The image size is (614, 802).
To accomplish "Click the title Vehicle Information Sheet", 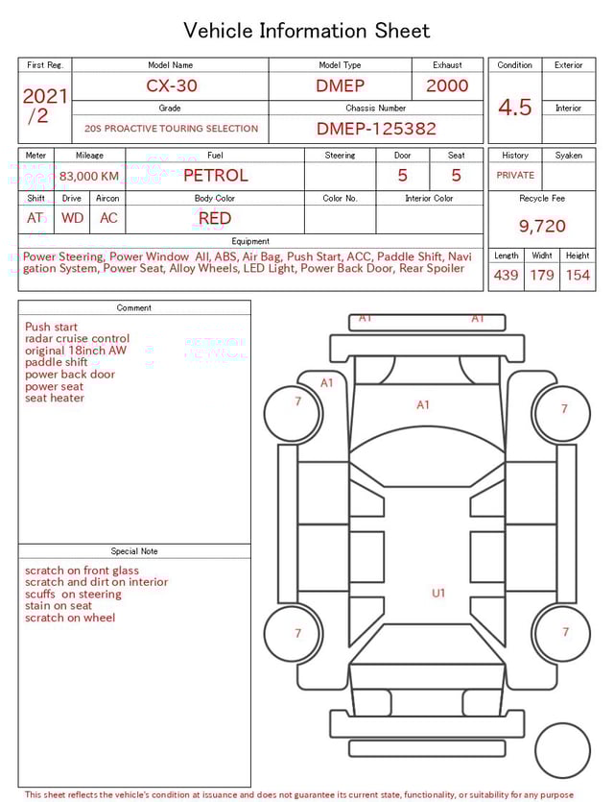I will [x=306, y=31].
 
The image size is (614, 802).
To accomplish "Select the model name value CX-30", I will [x=172, y=85].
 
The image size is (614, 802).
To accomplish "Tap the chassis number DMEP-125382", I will [x=376, y=129].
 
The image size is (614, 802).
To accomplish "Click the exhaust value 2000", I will [x=447, y=85].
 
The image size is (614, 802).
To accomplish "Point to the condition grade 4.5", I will [x=515, y=107].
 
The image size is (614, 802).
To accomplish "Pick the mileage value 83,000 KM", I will [x=89, y=176].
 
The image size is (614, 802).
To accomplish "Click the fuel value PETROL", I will [x=215, y=176].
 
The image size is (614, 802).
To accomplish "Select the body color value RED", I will [x=215, y=218].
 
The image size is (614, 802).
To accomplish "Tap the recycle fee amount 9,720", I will [x=542, y=227].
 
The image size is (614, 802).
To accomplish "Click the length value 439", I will [x=506, y=276].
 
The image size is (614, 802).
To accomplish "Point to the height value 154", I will [x=578, y=276].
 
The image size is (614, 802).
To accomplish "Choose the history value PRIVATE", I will [x=515, y=176].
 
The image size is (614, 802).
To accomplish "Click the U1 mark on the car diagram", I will [x=438, y=594].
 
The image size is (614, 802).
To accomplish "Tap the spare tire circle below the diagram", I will [x=562, y=750].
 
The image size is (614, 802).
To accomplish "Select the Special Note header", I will [x=134, y=551].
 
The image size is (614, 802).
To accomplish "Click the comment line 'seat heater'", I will [x=55, y=399].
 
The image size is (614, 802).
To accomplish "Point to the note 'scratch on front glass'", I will [x=82, y=571].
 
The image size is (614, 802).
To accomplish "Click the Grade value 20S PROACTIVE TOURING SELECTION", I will [x=171, y=129].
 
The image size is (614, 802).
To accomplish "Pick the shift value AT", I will [x=35, y=218].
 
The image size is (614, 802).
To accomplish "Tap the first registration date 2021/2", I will [x=44, y=106].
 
